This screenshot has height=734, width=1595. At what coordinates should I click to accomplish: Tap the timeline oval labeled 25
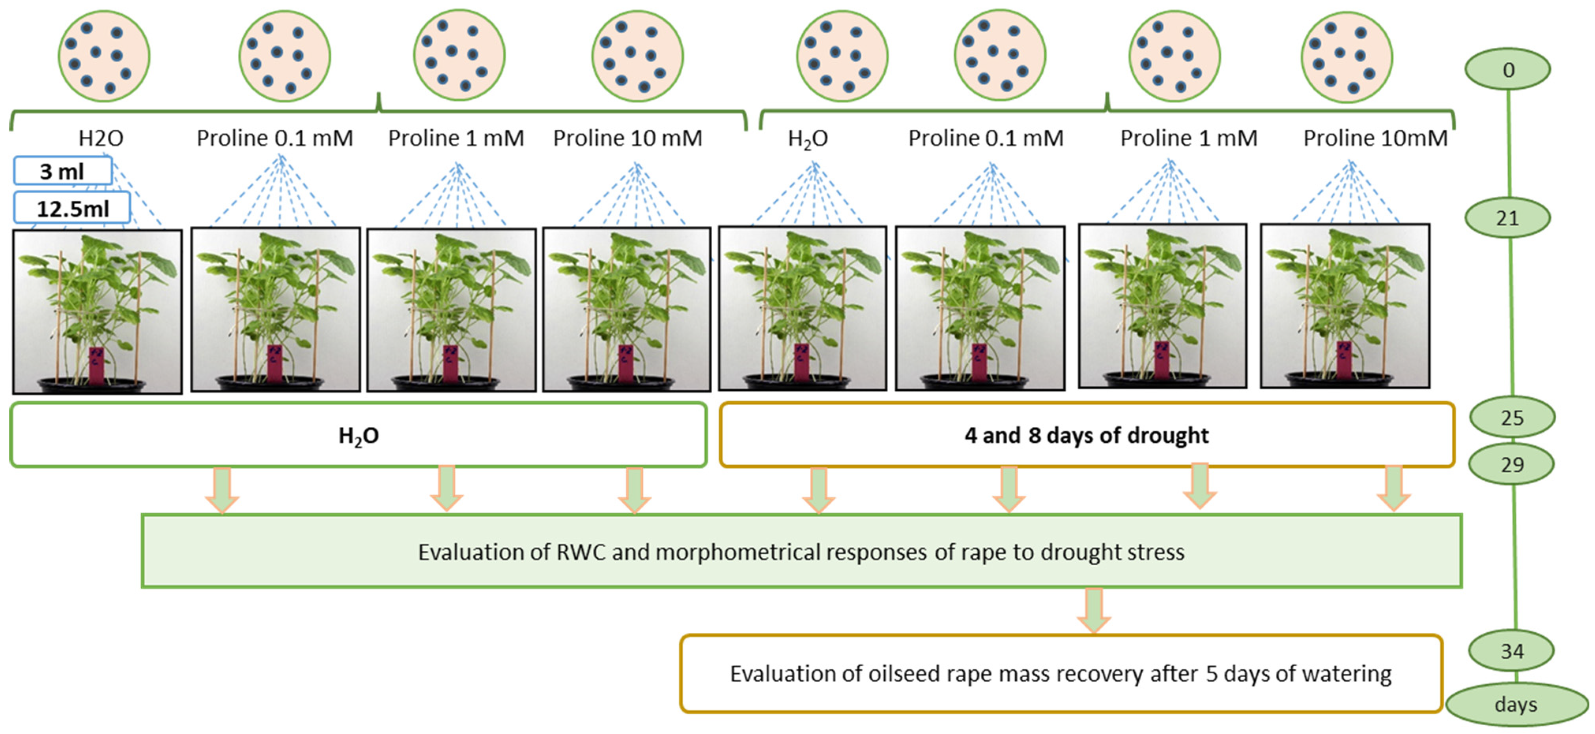(1511, 418)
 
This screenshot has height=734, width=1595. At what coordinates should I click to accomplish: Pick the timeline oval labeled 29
(1511, 464)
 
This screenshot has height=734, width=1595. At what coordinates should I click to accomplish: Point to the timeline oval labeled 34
(1511, 651)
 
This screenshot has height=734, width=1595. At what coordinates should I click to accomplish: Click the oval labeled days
(1516, 704)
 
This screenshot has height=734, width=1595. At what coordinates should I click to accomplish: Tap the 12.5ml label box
(72, 209)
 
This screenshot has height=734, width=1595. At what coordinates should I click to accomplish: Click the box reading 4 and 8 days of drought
(1086, 435)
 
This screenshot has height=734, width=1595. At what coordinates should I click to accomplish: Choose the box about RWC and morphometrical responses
(801, 551)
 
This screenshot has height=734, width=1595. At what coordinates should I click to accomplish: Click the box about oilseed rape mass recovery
(1061, 673)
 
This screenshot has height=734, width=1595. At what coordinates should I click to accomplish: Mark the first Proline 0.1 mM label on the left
(275, 138)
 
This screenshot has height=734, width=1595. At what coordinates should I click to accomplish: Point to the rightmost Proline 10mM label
(1375, 138)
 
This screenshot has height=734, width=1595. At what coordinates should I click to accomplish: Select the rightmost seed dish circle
(1346, 56)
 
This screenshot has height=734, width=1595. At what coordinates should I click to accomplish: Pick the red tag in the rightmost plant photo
(1344, 359)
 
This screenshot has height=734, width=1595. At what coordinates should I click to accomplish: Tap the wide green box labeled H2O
(359, 435)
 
